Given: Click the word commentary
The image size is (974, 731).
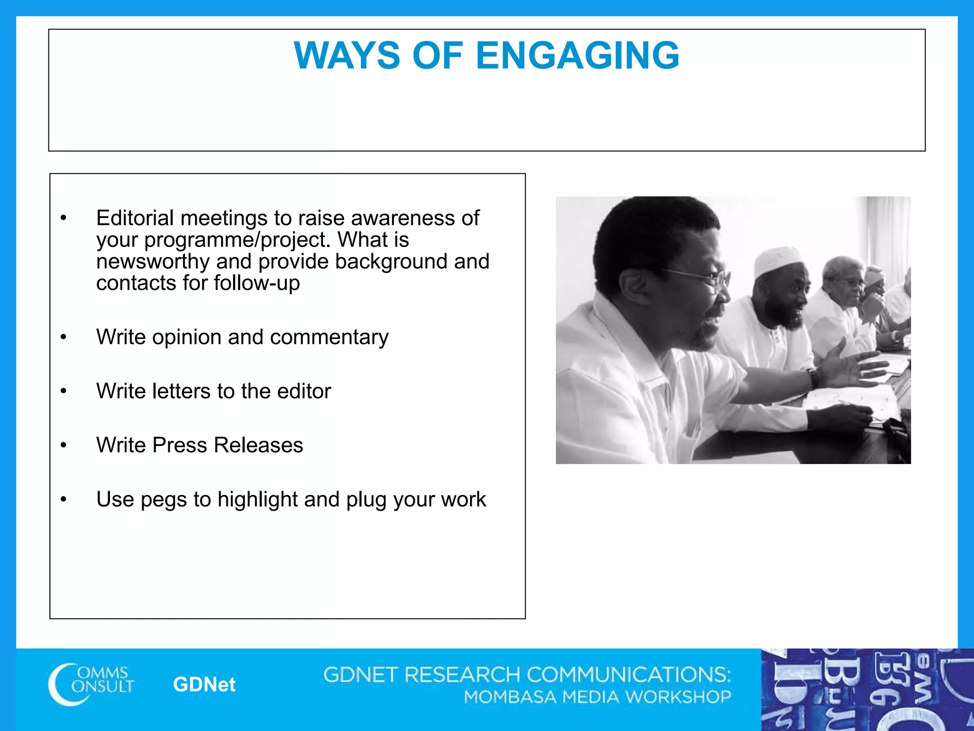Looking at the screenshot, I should tap(329, 337).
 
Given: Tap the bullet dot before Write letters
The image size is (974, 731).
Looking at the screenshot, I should tap(64, 391).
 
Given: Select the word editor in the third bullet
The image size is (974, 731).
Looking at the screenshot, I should tap(304, 391).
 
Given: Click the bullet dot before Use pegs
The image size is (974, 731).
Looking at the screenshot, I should tap(64, 499).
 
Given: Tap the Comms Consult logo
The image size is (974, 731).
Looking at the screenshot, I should tap(91, 684).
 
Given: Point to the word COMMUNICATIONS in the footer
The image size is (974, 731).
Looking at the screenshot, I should tap(628, 675).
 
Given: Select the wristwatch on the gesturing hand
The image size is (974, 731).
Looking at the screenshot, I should tap(814, 377).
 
